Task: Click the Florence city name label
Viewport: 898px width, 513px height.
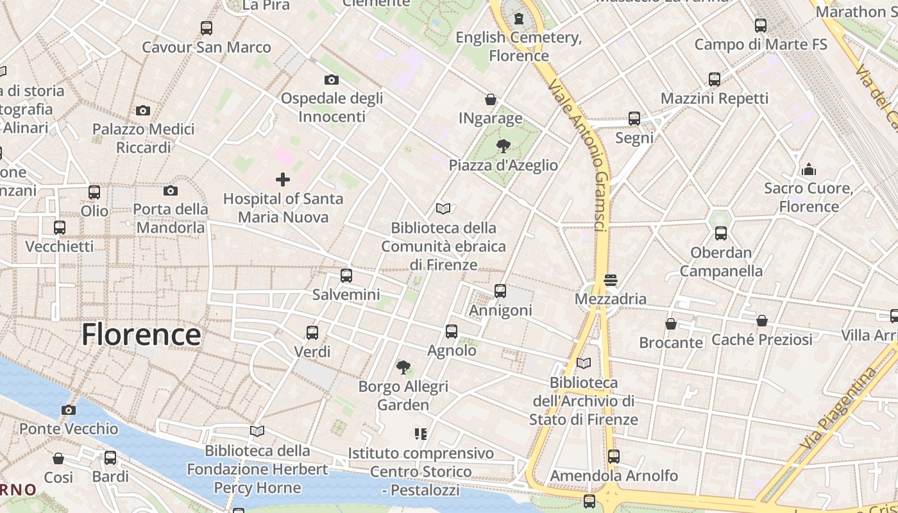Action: coord(141,335)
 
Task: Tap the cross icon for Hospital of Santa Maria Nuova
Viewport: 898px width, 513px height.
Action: coord(282,180)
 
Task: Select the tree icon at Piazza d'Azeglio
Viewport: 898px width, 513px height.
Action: coord(504,146)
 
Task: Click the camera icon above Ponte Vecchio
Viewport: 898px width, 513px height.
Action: coord(69,410)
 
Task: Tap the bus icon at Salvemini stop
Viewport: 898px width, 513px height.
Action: coord(346,276)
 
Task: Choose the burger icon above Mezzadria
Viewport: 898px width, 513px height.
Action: coord(610,280)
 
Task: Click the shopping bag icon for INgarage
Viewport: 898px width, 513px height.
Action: coord(491,99)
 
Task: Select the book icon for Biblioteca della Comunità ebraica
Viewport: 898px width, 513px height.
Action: coord(443,208)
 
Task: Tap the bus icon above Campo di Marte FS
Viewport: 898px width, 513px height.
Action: coord(761,26)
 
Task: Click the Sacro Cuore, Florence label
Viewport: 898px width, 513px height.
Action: coord(808,198)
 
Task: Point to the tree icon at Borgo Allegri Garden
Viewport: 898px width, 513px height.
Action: coord(403,367)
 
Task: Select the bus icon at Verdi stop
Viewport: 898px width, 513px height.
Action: coord(312,333)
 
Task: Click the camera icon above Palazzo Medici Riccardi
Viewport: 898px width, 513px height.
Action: coord(143,110)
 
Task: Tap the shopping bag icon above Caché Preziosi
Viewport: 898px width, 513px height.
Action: coord(762,321)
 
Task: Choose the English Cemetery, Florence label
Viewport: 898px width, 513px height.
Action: coord(519,46)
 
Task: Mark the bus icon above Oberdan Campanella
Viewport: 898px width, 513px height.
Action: coord(721,233)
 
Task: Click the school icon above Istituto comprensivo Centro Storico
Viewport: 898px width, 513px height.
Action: coord(421,434)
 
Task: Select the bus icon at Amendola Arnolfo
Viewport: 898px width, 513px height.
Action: coord(614,457)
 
